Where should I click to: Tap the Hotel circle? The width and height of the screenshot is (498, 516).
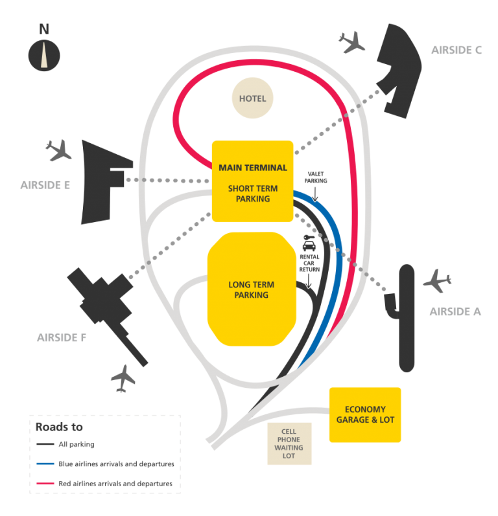[253, 99]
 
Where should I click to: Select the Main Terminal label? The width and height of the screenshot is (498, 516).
[253, 168]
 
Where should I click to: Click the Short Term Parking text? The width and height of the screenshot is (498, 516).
[253, 194]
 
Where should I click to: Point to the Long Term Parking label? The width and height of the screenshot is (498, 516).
[252, 290]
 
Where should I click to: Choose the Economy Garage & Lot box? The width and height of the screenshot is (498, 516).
[365, 414]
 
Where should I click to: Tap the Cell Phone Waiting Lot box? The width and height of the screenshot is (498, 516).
[290, 443]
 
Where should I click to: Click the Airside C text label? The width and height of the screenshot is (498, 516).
[456, 50]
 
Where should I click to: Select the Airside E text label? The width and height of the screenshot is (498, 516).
[45, 185]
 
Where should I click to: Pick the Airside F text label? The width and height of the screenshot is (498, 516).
[62, 337]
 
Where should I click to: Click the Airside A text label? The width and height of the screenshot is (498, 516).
[455, 311]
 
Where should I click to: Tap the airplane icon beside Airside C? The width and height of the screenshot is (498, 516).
[352, 42]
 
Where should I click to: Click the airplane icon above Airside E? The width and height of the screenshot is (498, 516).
[58, 151]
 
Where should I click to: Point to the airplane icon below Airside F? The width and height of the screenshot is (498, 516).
[123, 378]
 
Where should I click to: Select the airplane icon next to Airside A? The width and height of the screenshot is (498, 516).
[436, 282]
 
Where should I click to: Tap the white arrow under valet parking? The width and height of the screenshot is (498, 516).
[314, 193]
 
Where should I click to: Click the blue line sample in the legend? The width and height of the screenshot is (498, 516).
[45, 464]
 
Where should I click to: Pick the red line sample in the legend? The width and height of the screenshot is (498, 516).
[45, 484]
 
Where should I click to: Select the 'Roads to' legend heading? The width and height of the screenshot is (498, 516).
[59, 427]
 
